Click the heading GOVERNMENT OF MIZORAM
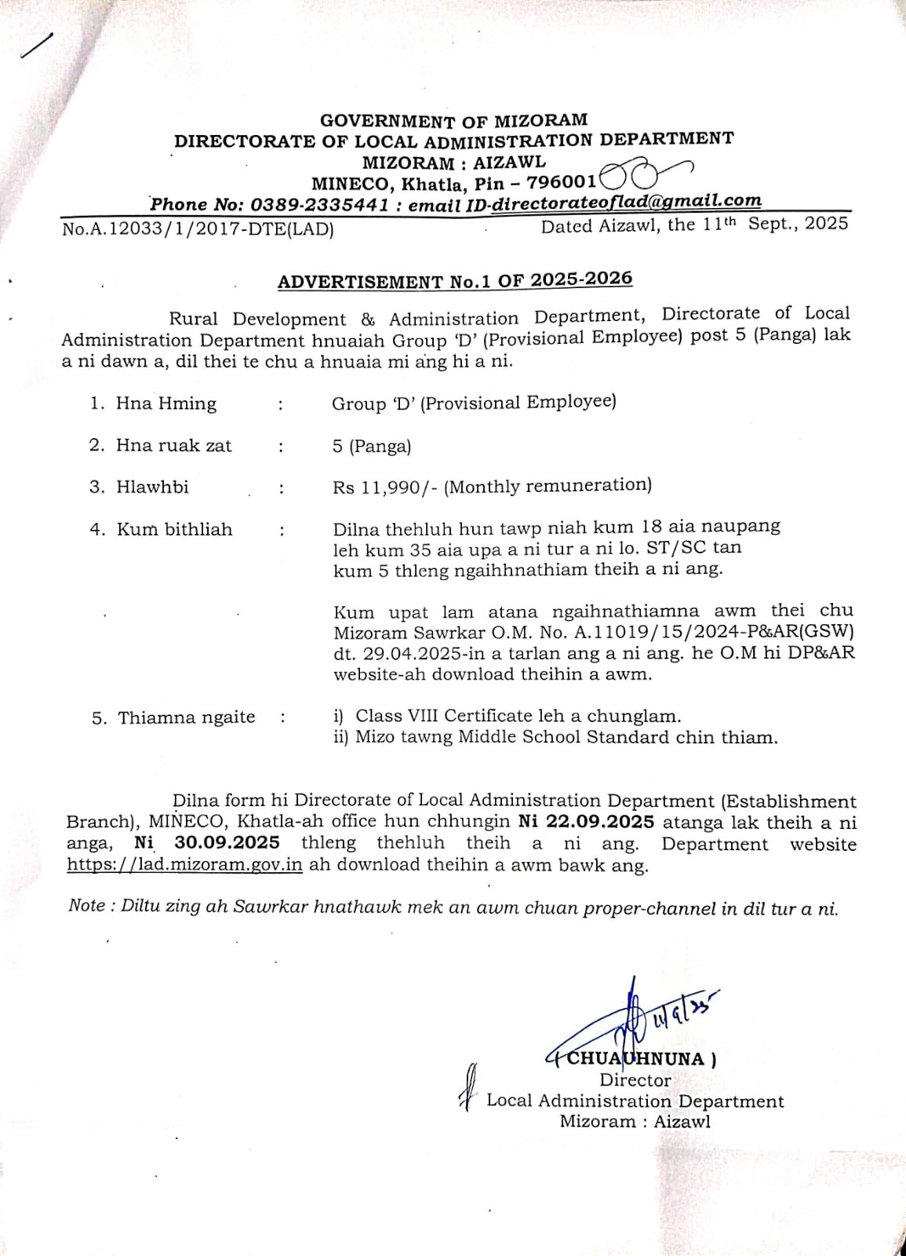(453, 120)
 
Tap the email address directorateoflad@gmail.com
(626, 201)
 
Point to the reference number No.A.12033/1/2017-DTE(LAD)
(198, 229)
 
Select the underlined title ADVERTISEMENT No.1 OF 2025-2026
(455, 280)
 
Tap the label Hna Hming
(166, 403)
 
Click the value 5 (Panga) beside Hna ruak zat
(371, 446)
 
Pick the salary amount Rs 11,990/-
(384, 487)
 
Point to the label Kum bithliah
(174, 529)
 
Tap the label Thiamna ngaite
(186, 717)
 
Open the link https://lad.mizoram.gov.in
(185, 865)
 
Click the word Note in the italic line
(86, 906)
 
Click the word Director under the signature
(635, 1080)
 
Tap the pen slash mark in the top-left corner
(37, 46)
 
